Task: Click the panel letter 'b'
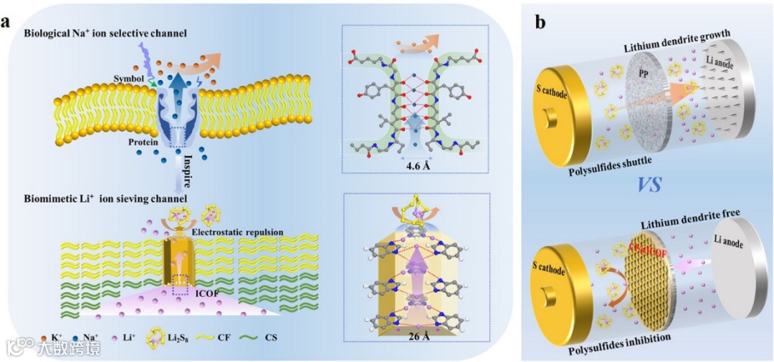click(x=540, y=22)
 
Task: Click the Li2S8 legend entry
click(x=180, y=335)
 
